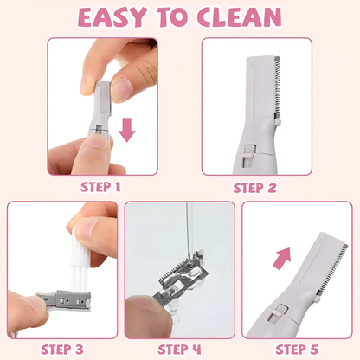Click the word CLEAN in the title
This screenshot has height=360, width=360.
pos(240,17)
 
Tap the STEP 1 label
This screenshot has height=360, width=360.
pos(102,185)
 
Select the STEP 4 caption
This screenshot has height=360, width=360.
pos(180,349)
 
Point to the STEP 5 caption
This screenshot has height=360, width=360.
pos(299,349)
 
